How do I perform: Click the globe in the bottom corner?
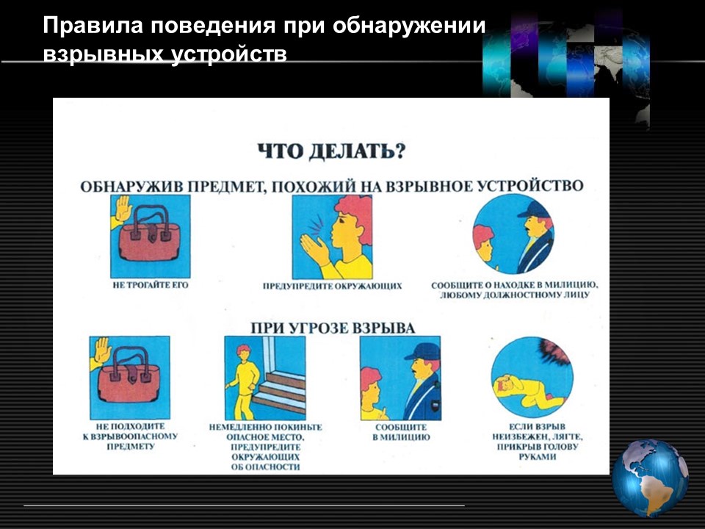[x=650, y=478]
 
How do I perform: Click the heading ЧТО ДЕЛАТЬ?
[x=331, y=151]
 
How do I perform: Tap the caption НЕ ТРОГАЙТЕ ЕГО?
[x=151, y=285]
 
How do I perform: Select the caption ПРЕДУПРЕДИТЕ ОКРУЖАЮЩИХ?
[x=332, y=286]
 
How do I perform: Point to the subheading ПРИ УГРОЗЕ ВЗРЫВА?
[x=333, y=328]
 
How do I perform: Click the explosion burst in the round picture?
[x=554, y=351]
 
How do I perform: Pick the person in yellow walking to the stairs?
[x=243, y=382]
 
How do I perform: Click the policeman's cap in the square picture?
[x=424, y=351]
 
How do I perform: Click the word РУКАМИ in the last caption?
[x=538, y=456]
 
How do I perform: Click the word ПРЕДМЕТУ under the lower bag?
[x=131, y=446]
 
